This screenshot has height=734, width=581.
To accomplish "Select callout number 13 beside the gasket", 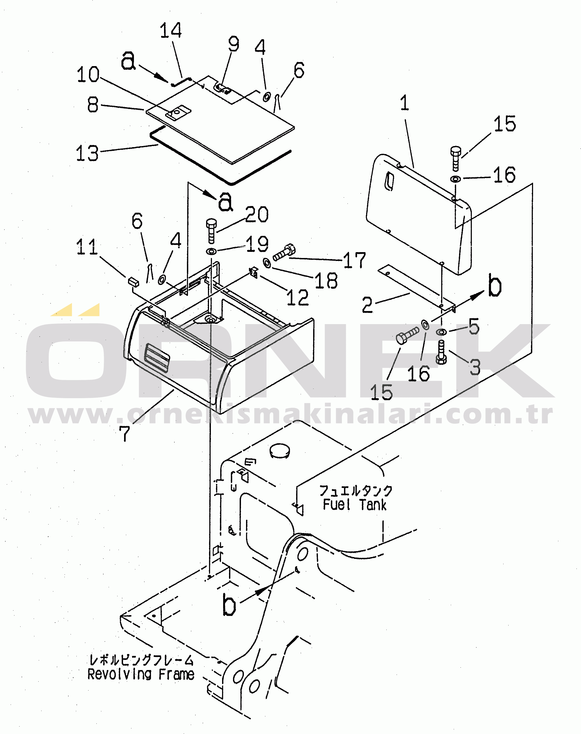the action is pyautogui.click(x=87, y=153).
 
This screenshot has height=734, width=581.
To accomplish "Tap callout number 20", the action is pyautogui.click(x=257, y=215).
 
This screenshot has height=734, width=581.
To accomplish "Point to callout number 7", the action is pyautogui.click(x=125, y=433).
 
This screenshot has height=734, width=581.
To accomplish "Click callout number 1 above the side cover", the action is pyautogui.click(x=404, y=103).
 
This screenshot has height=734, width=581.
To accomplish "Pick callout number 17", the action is pyautogui.click(x=354, y=260).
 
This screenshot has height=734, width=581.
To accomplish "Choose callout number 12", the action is pyautogui.click(x=298, y=297).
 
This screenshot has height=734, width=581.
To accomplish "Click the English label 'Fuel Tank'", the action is pyautogui.click(x=354, y=505).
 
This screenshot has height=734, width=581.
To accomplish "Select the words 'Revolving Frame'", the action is pyautogui.click(x=141, y=674).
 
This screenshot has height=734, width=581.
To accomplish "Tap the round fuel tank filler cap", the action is pyautogui.click(x=280, y=450).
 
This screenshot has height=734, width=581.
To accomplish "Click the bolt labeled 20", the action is pyautogui.click(x=211, y=231).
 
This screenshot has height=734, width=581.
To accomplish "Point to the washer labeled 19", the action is pyautogui.click(x=211, y=252).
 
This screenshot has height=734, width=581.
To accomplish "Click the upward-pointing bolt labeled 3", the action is pyautogui.click(x=441, y=353).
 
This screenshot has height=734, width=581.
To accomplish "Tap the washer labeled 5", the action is pyautogui.click(x=441, y=332).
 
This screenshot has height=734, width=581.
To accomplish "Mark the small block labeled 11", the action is pyautogui.click(x=133, y=281).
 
